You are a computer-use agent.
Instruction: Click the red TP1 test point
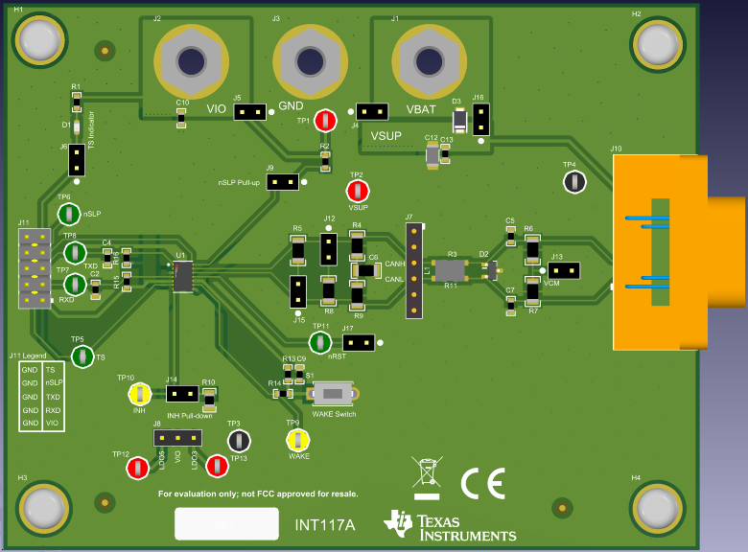click(x=326, y=121)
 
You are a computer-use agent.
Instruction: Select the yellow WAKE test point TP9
click(x=297, y=440)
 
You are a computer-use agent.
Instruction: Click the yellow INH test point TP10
click(x=139, y=393)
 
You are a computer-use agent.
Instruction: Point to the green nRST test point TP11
click(x=319, y=342)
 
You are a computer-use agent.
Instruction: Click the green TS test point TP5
click(x=83, y=356)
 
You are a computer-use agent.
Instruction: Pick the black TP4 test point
click(x=574, y=181)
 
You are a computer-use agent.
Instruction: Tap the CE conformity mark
click(x=482, y=485)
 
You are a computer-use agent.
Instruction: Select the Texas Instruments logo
click(x=450, y=525)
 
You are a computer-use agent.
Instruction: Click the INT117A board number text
click(x=324, y=525)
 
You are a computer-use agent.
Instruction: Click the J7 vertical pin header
click(x=413, y=272)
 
